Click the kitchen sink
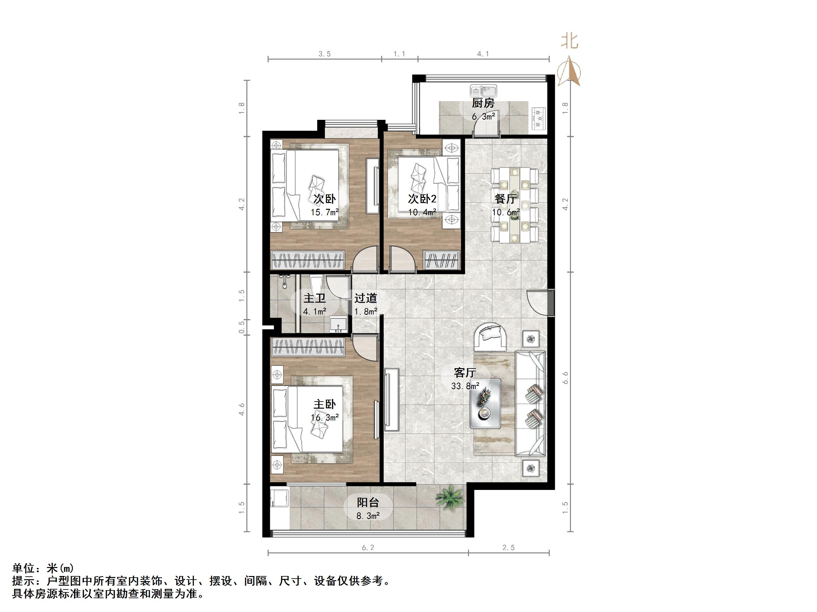(x=483, y=90)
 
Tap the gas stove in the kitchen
(x=538, y=119)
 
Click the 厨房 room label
(x=483, y=103)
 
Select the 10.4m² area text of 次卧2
(x=422, y=212)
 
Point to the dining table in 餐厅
(x=514, y=205)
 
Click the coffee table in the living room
(x=485, y=404)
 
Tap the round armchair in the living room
(x=491, y=337)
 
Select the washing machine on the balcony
(x=280, y=498)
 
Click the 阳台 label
(x=368, y=502)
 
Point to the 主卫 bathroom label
(x=314, y=298)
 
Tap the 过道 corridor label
(x=366, y=298)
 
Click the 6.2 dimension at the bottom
(x=368, y=548)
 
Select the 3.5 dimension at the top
(x=324, y=54)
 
